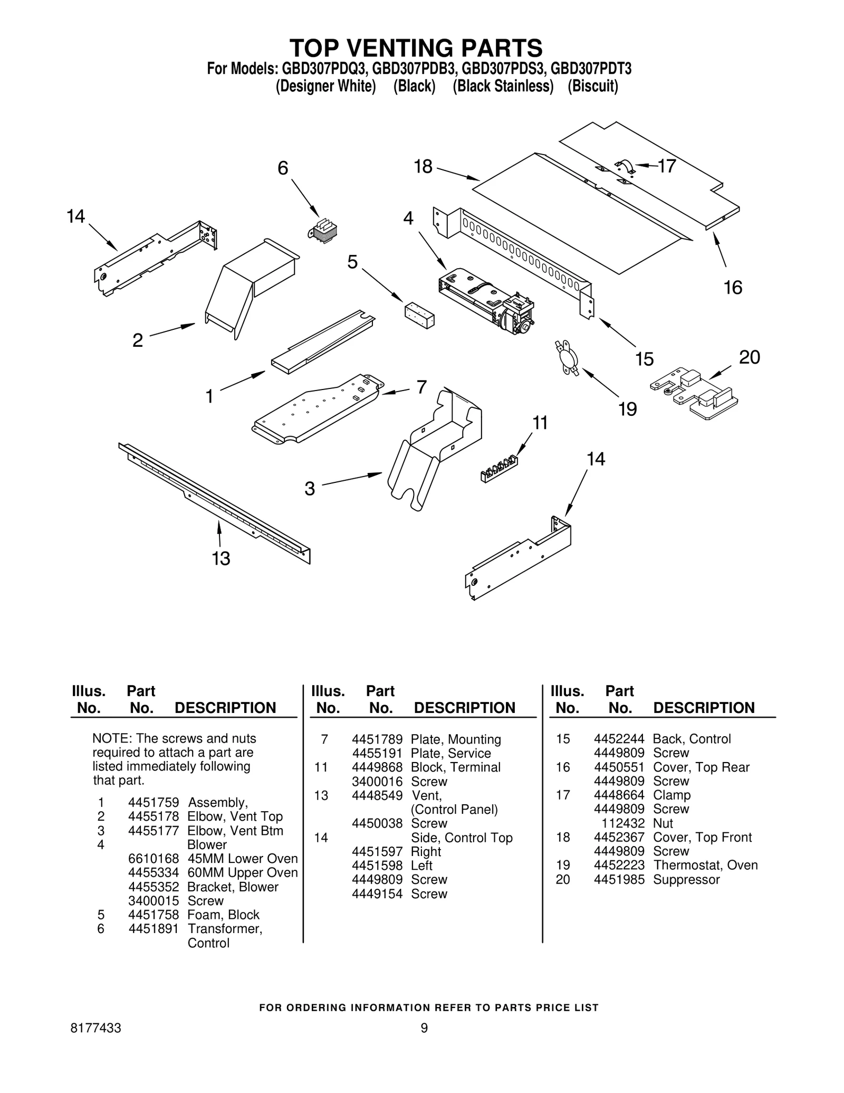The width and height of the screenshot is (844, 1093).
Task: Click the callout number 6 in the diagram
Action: click(x=283, y=168)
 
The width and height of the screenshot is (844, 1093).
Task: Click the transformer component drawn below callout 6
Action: click(x=322, y=230)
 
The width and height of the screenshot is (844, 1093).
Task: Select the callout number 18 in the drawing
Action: click(x=423, y=167)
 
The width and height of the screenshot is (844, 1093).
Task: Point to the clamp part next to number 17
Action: click(x=626, y=167)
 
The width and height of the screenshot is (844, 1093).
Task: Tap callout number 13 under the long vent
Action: click(x=221, y=558)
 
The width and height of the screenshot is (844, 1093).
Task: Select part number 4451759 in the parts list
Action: click(x=154, y=803)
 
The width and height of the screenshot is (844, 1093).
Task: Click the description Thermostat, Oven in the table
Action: click(x=705, y=866)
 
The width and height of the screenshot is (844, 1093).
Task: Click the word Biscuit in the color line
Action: click(x=592, y=86)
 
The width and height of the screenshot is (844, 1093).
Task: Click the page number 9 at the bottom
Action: click(x=424, y=1028)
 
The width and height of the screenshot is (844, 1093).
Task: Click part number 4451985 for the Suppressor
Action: click(x=619, y=880)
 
